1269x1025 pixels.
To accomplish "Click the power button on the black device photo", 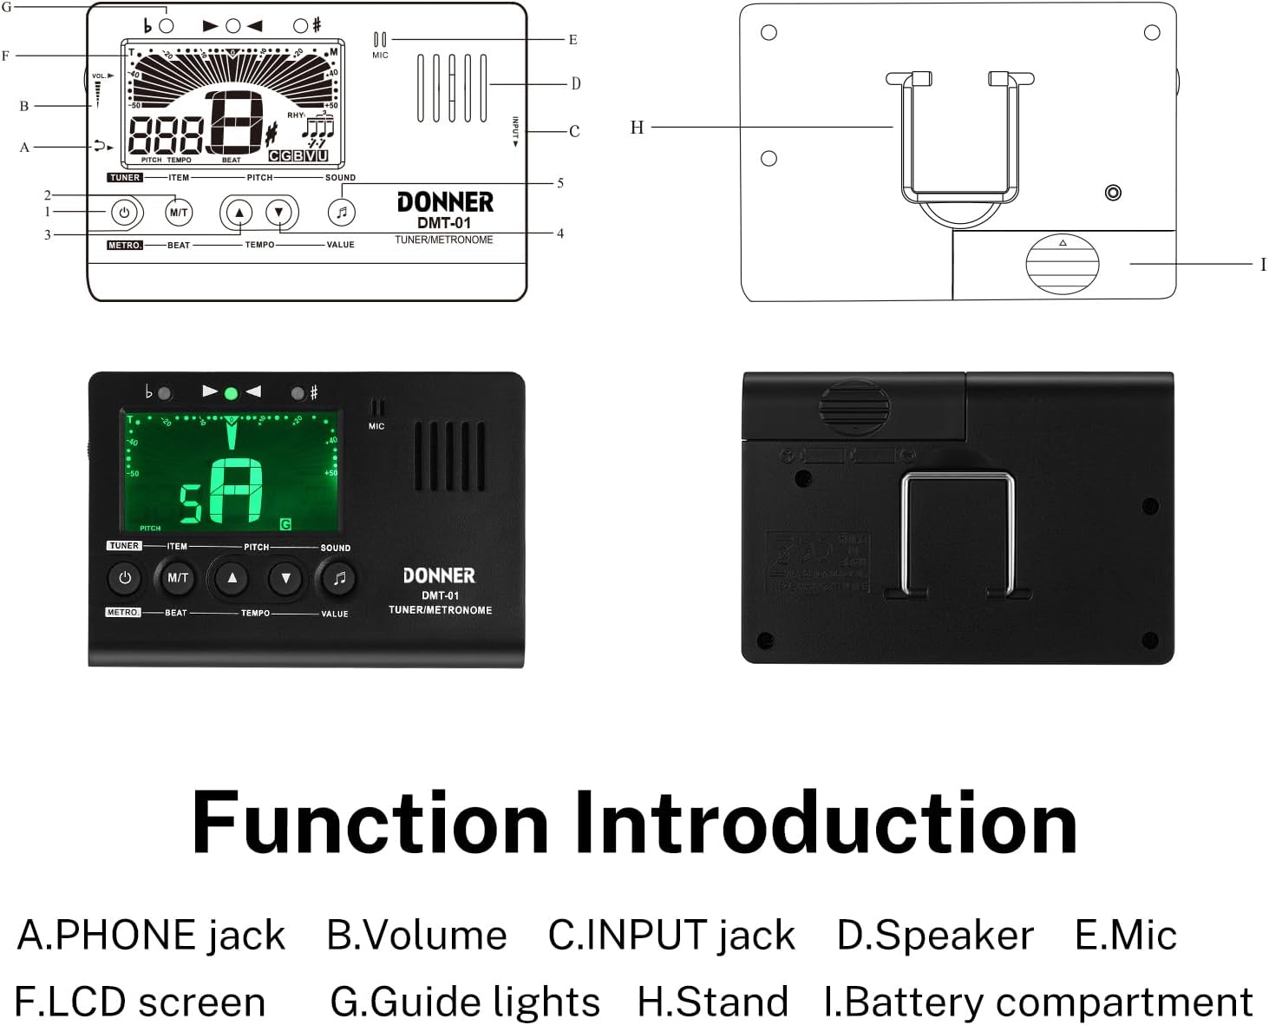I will click(125, 578).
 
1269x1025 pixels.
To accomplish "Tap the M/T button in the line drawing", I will click(179, 213).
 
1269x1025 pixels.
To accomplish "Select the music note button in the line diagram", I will click(342, 213).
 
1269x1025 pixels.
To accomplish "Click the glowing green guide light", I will click(231, 393).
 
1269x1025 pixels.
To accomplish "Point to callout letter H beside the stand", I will click(637, 128).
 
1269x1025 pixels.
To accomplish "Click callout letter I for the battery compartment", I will click(1262, 264).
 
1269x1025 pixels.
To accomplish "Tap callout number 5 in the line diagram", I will click(560, 183).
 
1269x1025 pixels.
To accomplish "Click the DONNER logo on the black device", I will click(439, 575).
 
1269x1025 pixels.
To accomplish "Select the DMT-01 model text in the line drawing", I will click(444, 223).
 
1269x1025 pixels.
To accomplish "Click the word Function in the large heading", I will click(370, 823).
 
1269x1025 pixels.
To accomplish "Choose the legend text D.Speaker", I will click(935, 936).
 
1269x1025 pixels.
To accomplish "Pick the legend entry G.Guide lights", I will click(465, 1002).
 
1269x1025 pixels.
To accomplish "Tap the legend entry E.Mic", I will click(1125, 936).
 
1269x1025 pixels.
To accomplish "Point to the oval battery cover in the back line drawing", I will click(1063, 264).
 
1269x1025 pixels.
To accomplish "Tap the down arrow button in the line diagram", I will click(278, 213).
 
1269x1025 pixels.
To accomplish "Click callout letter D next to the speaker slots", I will click(575, 84).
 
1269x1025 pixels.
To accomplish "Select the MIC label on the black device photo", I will click(376, 426).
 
